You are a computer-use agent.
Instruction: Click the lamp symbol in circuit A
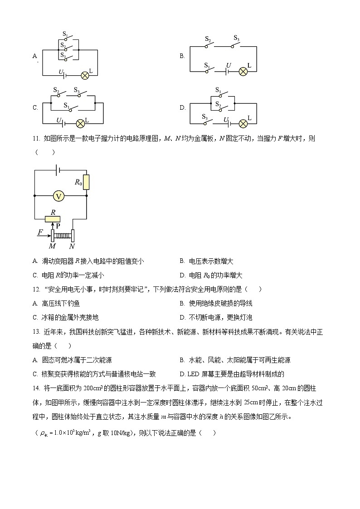(x=84, y=75)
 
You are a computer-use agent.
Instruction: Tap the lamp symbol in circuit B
(x=243, y=71)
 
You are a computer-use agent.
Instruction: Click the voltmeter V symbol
(x=58, y=196)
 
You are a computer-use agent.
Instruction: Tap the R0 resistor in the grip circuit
(x=86, y=182)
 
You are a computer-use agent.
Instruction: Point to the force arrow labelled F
(x=44, y=234)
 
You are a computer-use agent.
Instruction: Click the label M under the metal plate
(x=52, y=246)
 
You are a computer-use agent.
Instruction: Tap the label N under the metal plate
(x=72, y=246)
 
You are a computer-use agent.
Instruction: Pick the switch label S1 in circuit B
(x=207, y=65)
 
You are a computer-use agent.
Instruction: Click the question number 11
(x=36, y=138)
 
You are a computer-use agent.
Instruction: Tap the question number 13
(x=36, y=332)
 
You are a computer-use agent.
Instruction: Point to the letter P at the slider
(x=58, y=225)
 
